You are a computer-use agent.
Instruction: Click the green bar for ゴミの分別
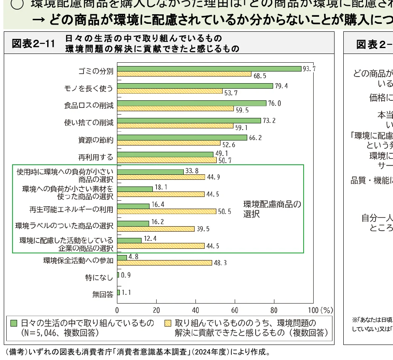coord(209,69)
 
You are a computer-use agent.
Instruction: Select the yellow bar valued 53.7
coord(170,91)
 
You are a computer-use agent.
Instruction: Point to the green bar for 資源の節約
coord(182,138)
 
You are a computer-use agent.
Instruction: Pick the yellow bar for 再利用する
coord(167,160)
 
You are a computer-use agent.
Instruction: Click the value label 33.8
coord(193,171)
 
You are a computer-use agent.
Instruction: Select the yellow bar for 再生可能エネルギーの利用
coord(167,211)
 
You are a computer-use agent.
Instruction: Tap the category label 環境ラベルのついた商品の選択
coord(64,226)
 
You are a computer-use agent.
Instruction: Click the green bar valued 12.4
coord(129,240)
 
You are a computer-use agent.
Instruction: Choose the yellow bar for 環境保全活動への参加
coord(165,263)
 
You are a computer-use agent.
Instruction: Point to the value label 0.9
coord(126,275)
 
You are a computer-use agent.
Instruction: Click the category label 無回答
coord(103,294)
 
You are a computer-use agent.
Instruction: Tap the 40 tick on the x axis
coord(195,310)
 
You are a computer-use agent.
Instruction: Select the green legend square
coord(14,323)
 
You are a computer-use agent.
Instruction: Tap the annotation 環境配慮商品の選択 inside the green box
coord(272,209)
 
